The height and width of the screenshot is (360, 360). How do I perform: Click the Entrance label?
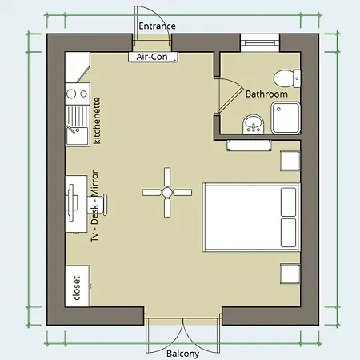[x=157, y=26]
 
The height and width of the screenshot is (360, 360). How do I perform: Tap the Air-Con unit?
[x=153, y=57]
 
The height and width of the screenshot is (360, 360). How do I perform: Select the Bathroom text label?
[x=266, y=94]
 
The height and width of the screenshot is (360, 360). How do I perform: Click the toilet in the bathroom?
[x=287, y=78]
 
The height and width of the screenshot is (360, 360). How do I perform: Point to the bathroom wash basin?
[x=254, y=125]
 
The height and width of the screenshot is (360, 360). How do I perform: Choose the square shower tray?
[x=286, y=118]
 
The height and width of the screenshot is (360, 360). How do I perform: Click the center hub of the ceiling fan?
[x=167, y=192]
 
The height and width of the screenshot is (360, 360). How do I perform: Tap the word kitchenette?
[x=97, y=121]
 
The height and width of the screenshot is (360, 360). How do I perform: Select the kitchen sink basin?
[x=78, y=135]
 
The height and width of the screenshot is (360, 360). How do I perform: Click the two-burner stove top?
[x=78, y=94]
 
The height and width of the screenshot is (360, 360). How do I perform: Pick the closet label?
[x=77, y=288]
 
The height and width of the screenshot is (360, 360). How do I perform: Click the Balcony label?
[x=182, y=354]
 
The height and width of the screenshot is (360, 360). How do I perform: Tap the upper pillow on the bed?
[x=289, y=202]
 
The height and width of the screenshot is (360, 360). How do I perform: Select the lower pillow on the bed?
[x=289, y=233]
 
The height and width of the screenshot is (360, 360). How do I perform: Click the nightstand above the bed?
[x=290, y=161]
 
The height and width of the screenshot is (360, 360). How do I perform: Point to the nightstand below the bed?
[x=290, y=274]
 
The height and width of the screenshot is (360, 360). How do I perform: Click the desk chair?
[x=98, y=204]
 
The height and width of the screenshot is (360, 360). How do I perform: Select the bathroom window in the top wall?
[x=260, y=42]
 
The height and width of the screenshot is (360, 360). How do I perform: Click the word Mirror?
[x=94, y=183]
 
